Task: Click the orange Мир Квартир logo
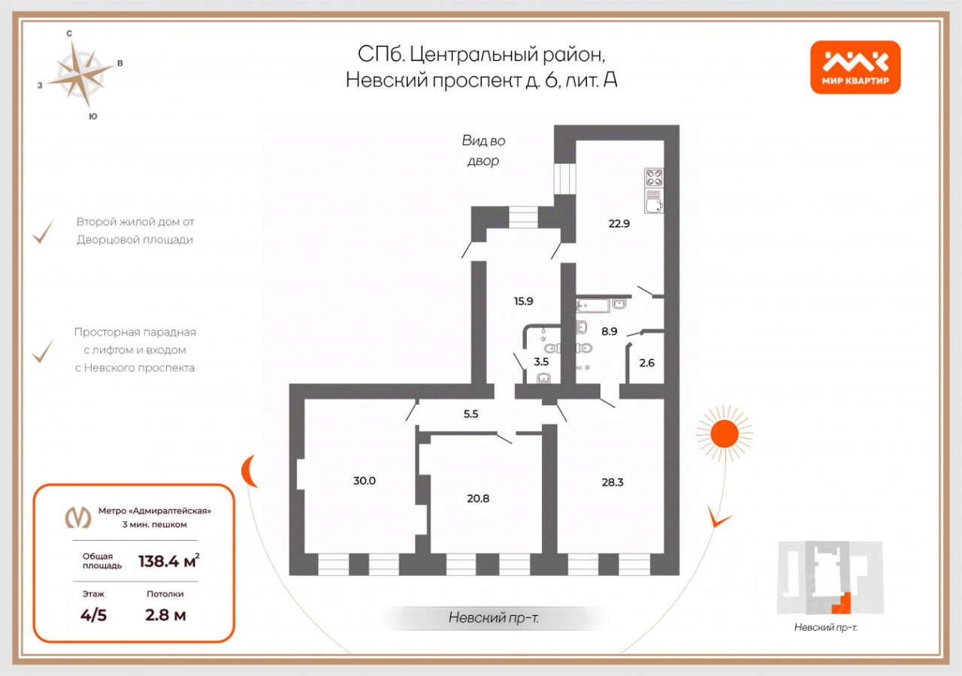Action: [x=855, y=67]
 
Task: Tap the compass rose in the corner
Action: [x=80, y=74]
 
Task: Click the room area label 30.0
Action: [x=365, y=481]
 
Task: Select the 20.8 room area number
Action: [x=478, y=498]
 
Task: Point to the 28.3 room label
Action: [x=612, y=482]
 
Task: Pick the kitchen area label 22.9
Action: [x=619, y=223]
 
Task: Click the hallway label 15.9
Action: [x=524, y=301]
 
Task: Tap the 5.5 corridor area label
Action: [x=470, y=414]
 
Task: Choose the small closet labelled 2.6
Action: [x=647, y=363]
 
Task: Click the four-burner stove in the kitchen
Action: [x=654, y=178]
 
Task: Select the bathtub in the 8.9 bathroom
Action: [x=593, y=305]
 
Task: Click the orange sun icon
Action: [x=724, y=434]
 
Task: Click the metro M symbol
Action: [x=77, y=517]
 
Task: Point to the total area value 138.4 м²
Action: [x=169, y=561]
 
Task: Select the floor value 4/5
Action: [x=93, y=615]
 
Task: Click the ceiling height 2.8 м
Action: [x=165, y=615]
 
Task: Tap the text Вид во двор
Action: [x=483, y=151]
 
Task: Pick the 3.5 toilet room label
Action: [x=541, y=362]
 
